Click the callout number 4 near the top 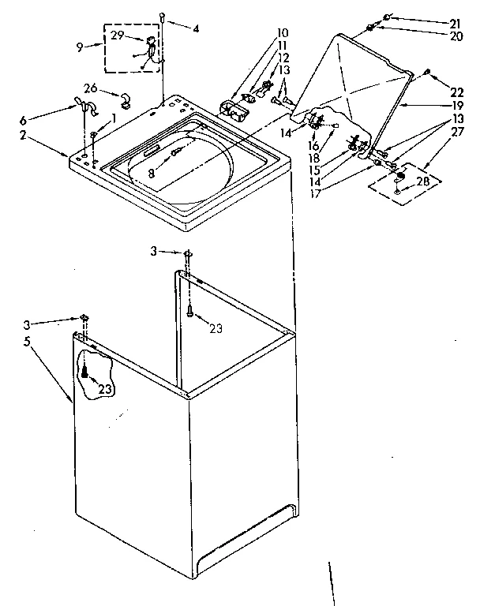click(x=197, y=29)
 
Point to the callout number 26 click(x=90, y=88)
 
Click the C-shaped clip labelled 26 click(x=125, y=99)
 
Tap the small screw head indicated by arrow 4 click(x=162, y=15)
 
